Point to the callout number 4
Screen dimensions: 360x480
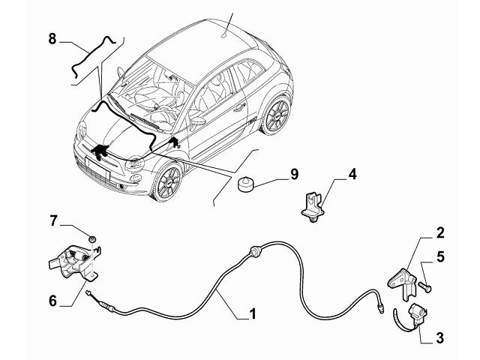click(x=351, y=176)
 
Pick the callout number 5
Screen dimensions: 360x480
click(x=441, y=256)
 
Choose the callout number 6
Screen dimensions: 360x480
click(x=52, y=301)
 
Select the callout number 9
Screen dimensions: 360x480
click(x=294, y=175)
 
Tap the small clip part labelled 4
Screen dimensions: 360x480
click(x=313, y=205)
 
